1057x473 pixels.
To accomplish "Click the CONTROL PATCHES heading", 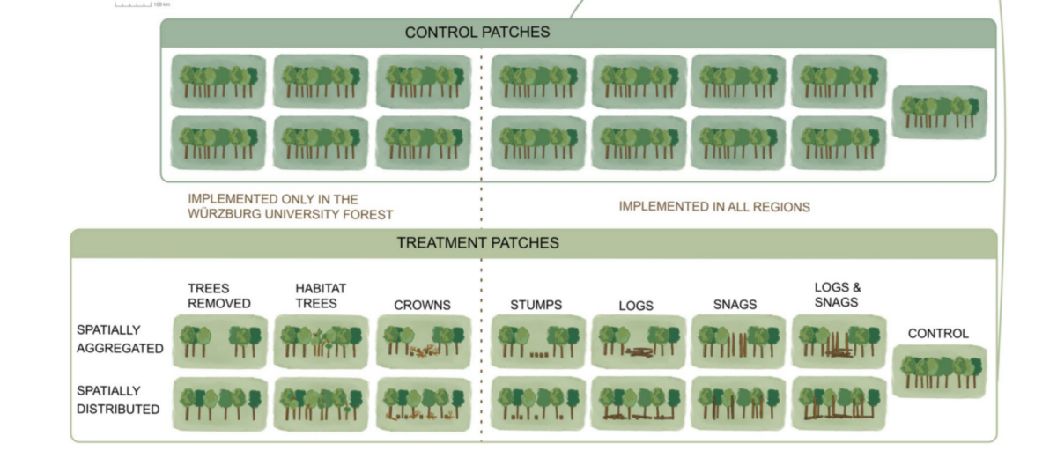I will click(x=477, y=33).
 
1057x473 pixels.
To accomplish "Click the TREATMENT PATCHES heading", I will click(x=477, y=243).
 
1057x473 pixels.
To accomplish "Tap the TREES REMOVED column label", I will click(x=219, y=296).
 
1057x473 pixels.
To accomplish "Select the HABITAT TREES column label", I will click(x=321, y=296).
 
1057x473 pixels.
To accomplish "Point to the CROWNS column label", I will click(x=422, y=306).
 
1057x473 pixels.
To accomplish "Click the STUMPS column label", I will click(x=536, y=306).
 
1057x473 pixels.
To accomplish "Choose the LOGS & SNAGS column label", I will click(x=838, y=295).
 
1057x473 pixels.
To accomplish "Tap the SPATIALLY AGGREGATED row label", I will click(x=120, y=339).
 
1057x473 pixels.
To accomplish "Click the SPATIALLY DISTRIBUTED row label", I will click(x=118, y=400).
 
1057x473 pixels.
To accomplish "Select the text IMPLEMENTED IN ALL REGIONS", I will click(x=714, y=207).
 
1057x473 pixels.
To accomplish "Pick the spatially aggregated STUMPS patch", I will click(x=537, y=342).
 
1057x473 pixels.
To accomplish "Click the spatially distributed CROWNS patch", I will click(x=423, y=404).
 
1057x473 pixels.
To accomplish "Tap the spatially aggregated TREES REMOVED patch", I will click(x=220, y=342).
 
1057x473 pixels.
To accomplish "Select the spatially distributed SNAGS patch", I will click(x=737, y=404).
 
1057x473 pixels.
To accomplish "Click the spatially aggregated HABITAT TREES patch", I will click(x=321, y=342).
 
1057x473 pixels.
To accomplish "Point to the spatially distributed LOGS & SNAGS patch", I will click(x=838, y=404).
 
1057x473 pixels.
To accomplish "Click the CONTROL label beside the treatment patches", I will click(x=938, y=334).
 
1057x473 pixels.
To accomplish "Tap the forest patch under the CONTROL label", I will click(x=939, y=371).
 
